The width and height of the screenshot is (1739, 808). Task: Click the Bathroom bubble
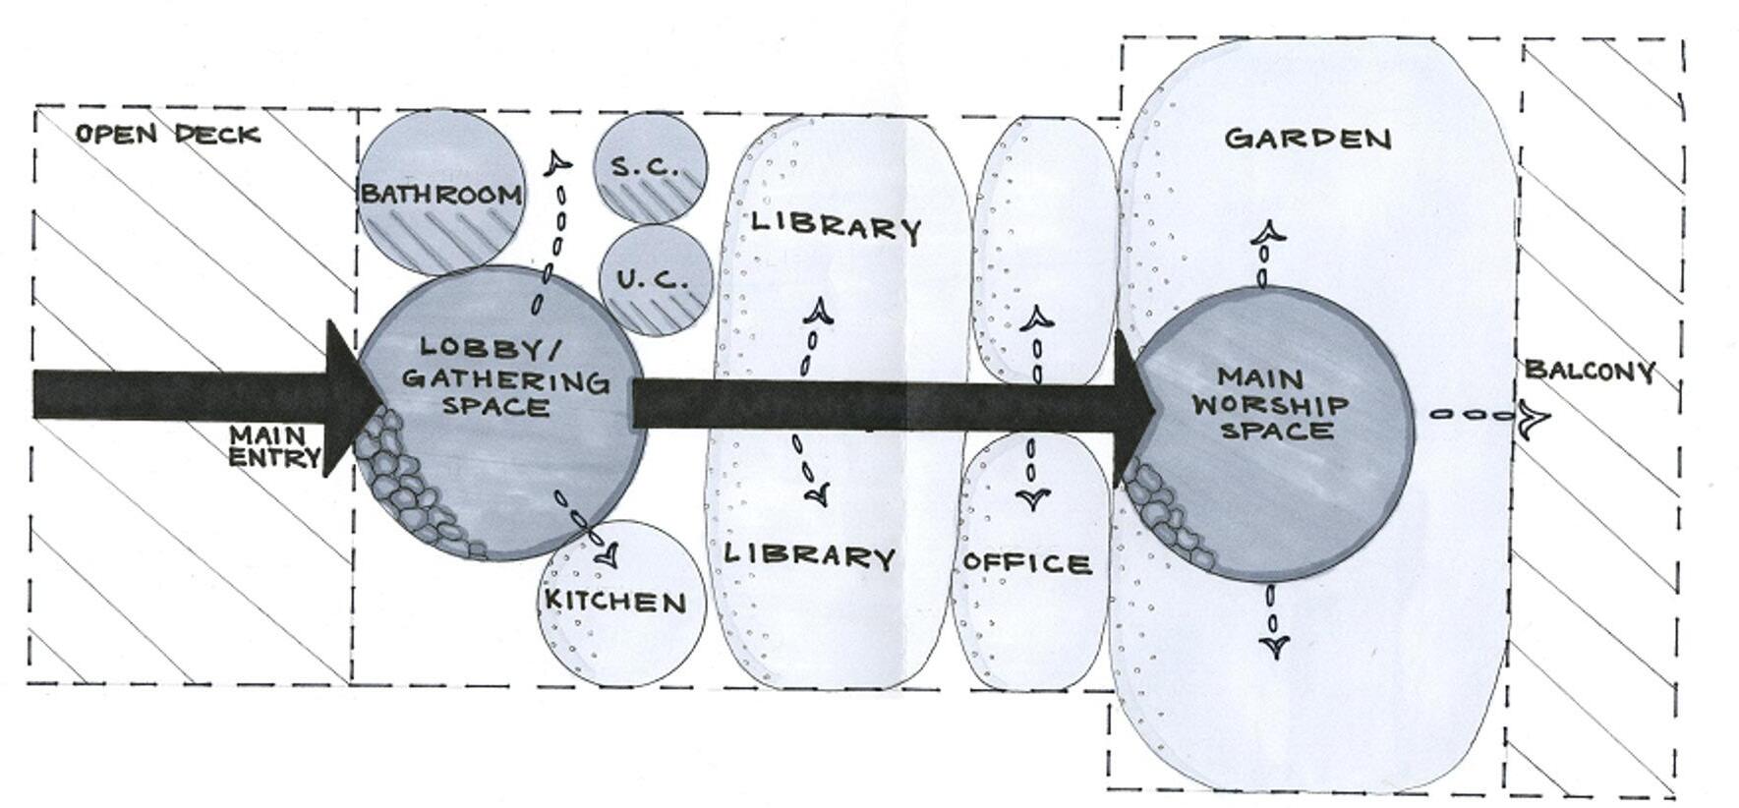click(440, 193)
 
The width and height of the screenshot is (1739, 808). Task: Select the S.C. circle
click(649, 166)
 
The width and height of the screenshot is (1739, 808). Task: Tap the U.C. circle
click(655, 280)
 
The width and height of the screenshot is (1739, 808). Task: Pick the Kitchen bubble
click(622, 603)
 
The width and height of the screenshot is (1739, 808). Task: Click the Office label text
click(1027, 563)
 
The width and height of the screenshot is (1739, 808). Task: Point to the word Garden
click(1307, 138)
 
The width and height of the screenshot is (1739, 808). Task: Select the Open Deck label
click(168, 134)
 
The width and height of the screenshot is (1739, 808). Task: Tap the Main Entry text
click(274, 445)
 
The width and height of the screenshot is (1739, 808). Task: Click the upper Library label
click(836, 226)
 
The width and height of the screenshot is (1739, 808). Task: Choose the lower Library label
click(810, 555)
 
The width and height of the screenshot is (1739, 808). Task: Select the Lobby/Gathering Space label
click(505, 376)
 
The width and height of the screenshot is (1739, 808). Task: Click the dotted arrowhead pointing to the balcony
click(1533, 418)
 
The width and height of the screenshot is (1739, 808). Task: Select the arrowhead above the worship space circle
click(1267, 233)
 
